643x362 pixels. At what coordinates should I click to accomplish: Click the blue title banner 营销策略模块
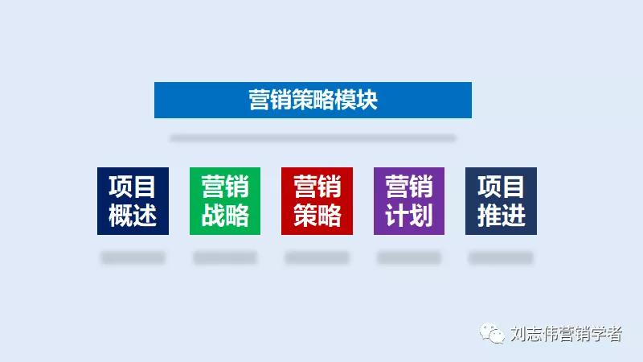coord(313,101)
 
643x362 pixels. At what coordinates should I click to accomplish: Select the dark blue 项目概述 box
coord(133,201)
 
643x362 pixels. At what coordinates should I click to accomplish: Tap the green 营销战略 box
coord(225,201)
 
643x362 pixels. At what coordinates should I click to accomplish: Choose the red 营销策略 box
coord(317,201)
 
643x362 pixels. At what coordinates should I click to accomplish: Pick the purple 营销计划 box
coord(409,201)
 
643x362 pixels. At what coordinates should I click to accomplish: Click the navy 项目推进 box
coord(501,201)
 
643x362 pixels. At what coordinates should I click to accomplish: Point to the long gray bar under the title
coord(313,138)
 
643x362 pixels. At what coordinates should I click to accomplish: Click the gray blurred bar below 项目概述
coord(133,258)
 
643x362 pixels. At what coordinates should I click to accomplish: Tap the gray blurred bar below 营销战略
coord(225,258)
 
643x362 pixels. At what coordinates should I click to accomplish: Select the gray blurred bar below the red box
coord(317,258)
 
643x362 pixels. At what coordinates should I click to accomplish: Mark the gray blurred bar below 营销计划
coord(409,258)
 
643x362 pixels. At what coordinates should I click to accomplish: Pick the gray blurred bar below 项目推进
coord(501,258)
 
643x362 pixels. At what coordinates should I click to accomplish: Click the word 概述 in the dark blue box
coord(133,216)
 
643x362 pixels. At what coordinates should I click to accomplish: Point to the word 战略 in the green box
coord(225,216)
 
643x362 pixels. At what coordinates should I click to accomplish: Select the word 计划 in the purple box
coord(409,216)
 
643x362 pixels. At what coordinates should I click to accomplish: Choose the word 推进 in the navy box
coord(501,216)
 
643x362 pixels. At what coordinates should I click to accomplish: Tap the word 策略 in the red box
coord(317,216)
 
